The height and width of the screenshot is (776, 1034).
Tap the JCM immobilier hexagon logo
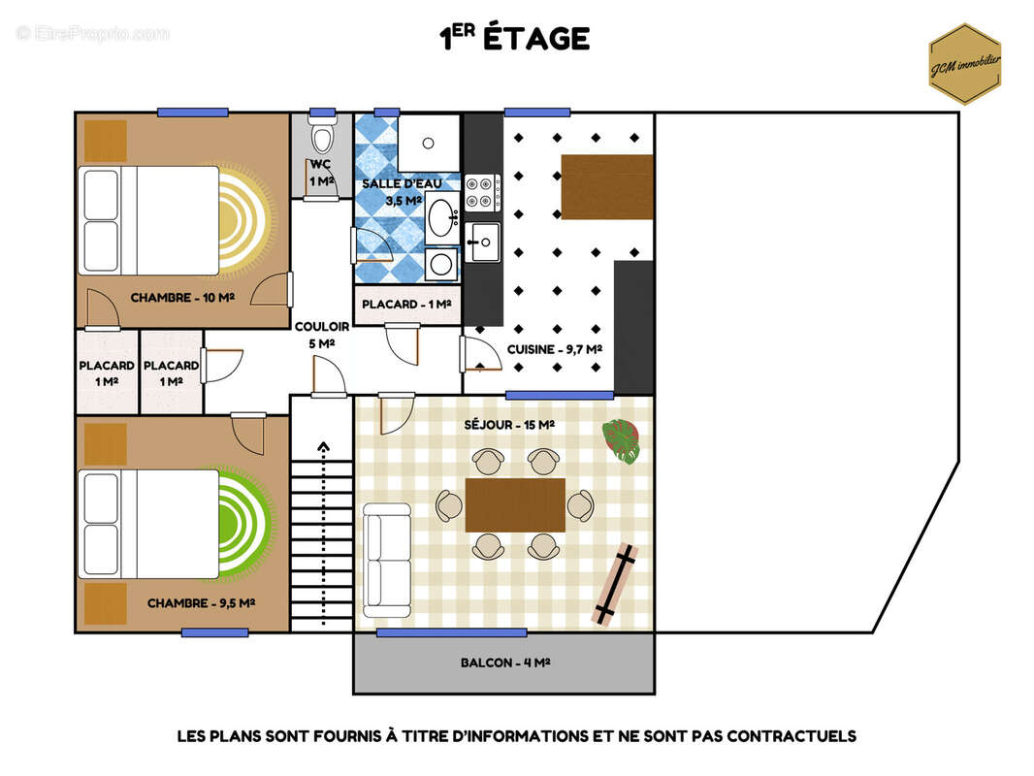(x=965, y=64)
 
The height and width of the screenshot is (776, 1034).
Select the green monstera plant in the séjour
(x=621, y=440)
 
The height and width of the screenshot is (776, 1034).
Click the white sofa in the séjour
(x=387, y=561)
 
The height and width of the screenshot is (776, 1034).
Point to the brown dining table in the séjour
(x=515, y=505)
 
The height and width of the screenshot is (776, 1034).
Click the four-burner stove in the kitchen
(x=483, y=192)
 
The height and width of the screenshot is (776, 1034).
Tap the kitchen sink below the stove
(x=483, y=242)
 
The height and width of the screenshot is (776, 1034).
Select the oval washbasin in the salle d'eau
(x=441, y=214)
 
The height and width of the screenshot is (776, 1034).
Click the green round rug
(x=244, y=523)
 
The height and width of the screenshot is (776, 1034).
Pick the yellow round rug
(x=244, y=221)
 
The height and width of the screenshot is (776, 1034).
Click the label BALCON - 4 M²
(x=505, y=663)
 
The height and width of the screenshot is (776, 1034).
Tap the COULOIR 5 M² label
(x=322, y=335)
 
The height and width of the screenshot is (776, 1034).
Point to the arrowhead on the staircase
(x=323, y=447)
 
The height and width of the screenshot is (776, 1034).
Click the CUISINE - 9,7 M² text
(x=554, y=349)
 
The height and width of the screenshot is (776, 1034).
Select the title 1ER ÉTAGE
(x=514, y=38)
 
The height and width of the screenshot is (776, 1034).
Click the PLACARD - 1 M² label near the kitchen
(x=406, y=304)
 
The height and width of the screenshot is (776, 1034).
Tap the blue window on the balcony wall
(x=452, y=633)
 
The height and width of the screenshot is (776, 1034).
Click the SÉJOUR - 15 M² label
(x=509, y=425)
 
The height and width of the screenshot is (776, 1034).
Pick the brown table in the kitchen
(x=606, y=187)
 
